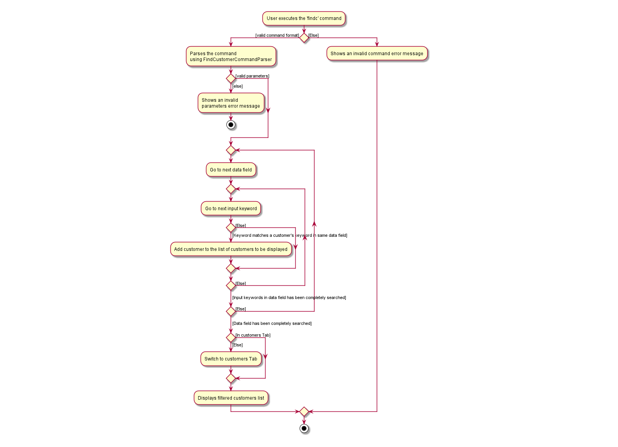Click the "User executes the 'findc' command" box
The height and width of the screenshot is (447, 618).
304,18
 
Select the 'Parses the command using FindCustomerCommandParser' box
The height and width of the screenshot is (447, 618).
231,56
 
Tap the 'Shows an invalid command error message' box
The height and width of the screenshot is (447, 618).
377,54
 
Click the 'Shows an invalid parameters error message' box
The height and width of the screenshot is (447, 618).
231,103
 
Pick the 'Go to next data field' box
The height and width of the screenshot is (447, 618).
231,170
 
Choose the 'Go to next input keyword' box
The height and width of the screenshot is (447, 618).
231,209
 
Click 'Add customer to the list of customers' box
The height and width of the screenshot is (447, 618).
231,249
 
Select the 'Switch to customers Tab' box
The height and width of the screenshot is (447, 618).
231,359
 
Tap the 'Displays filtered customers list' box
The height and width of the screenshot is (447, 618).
231,398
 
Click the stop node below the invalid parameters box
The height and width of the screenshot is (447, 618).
231,125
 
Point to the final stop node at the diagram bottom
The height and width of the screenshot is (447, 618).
304,429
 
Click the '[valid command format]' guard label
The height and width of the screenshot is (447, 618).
277,36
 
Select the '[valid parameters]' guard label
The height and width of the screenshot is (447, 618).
252,76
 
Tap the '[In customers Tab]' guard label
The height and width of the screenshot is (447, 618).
253,335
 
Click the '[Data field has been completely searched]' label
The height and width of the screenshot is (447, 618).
272,324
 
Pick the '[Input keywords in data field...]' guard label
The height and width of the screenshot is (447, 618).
289,298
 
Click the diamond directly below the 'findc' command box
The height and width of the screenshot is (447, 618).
304,38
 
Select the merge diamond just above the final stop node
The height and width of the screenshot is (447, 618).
304,412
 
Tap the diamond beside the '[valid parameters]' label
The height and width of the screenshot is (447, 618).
231,79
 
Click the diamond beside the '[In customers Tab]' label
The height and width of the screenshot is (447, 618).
231,337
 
